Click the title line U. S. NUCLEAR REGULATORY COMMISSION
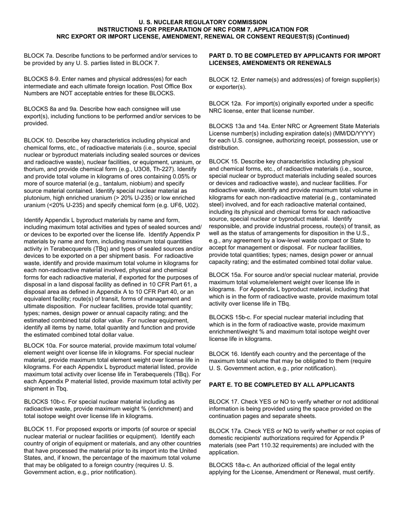tap(203, 22)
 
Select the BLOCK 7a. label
tap(39, 56)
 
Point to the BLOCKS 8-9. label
tap(41, 79)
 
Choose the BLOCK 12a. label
tap(226, 104)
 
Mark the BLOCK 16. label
tap(224, 354)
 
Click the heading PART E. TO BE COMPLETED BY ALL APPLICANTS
tap(282, 385)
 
